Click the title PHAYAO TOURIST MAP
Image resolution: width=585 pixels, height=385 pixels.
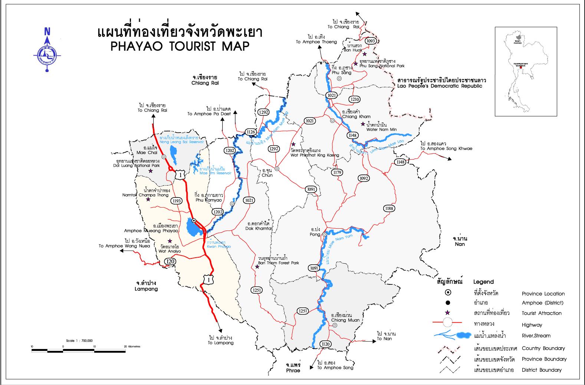click(180, 46)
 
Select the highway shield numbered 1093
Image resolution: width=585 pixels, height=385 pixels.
click(371, 41)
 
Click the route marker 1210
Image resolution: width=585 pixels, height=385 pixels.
click(355, 99)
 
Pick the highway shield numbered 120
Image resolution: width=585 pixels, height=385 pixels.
click(170, 261)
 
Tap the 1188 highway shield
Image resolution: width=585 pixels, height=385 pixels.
click(389, 209)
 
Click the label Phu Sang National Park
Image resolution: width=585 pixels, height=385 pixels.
click(382, 66)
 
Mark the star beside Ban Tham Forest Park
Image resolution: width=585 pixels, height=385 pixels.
click(257, 267)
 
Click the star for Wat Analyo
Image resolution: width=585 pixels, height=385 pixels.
click(170, 241)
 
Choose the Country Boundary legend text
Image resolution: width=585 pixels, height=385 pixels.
click(543, 348)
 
